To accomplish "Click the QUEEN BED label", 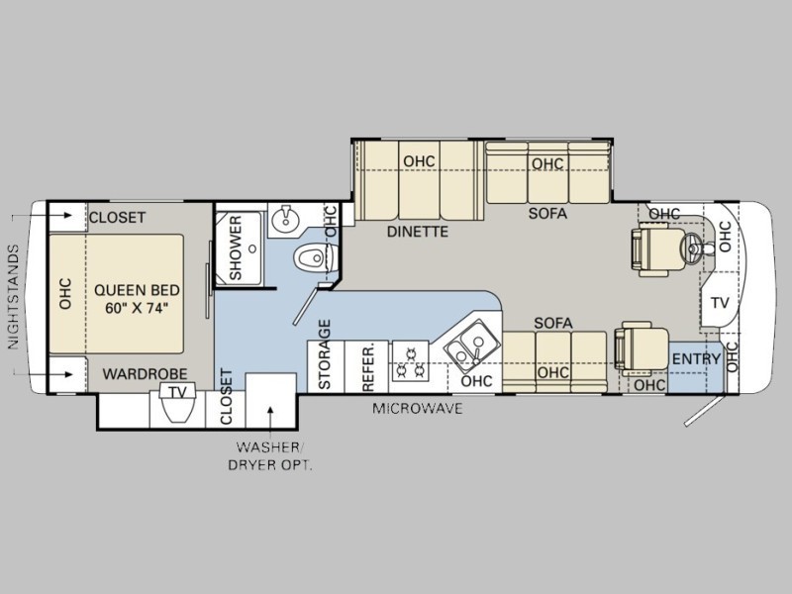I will pos(137,298).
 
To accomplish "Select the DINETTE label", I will pos(417,232).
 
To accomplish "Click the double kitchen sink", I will pos(467,347).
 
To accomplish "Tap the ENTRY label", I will pos(695,358).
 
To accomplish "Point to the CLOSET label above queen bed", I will pos(117,218).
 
